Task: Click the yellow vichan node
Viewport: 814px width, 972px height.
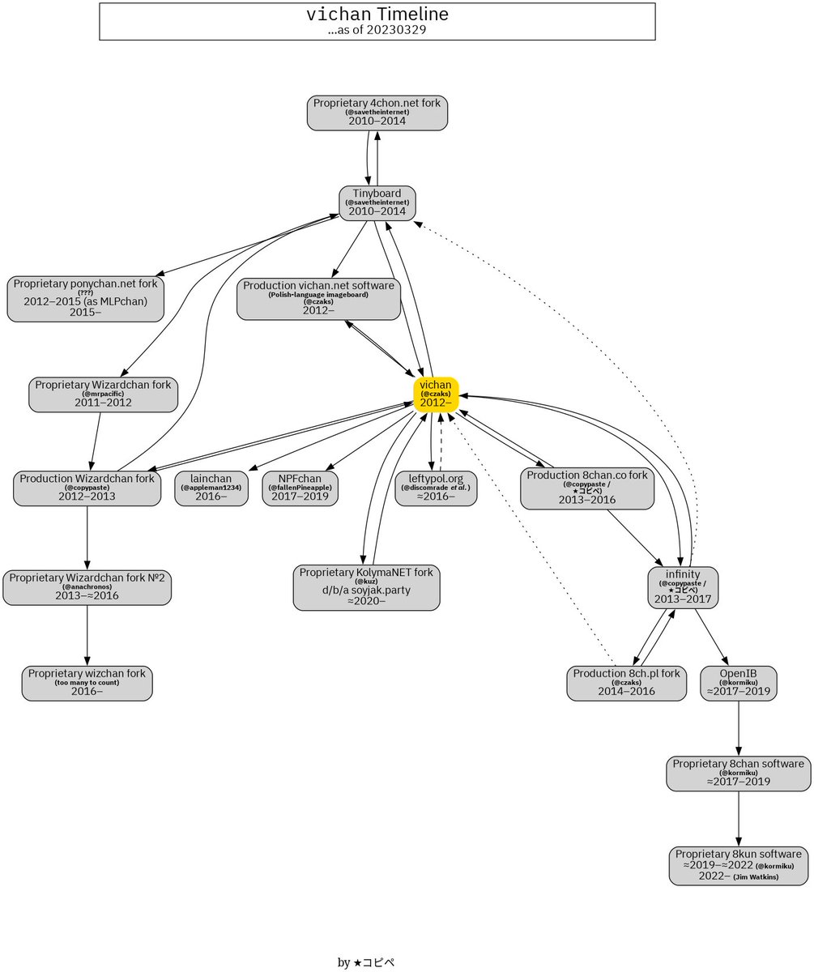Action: click(436, 394)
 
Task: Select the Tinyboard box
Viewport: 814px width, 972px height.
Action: click(377, 202)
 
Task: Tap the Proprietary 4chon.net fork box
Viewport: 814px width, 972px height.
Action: click(377, 112)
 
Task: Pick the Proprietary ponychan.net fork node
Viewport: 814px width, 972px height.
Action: click(85, 298)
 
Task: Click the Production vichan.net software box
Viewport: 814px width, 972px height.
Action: click(320, 298)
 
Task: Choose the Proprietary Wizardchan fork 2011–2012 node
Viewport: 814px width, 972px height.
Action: click(103, 394)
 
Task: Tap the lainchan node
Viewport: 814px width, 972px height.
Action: click(211, 488)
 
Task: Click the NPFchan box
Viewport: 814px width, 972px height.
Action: click(300, 488)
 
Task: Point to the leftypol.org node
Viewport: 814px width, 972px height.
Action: click(436, 488)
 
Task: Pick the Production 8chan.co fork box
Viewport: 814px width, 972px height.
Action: click(587, 488)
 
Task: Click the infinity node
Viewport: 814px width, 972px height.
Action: click(683, 587)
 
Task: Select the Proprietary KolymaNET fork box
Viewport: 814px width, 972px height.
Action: click(366, 587)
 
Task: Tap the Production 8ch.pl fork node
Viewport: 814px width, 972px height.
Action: click(626, 683)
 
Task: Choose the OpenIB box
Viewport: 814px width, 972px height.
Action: click(738, 683)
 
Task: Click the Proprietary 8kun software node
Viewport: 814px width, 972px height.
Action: click(738, 866)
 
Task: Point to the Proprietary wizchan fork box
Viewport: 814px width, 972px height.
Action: click(87, 683)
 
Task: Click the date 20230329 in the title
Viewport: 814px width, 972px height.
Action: click(396, 30)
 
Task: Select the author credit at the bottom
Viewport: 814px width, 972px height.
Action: click(365, 962)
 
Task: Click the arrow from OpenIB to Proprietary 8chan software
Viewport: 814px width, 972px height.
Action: click(738, 729)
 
